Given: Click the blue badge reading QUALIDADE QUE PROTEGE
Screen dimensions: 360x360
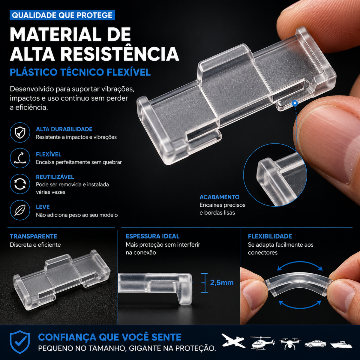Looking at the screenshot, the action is (62, 15).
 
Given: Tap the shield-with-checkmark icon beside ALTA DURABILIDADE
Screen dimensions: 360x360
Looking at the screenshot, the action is (20, 133).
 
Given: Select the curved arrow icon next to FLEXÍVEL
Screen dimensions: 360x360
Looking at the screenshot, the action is (20, 158).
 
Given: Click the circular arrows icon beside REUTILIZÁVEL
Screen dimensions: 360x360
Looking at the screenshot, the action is (20, 184).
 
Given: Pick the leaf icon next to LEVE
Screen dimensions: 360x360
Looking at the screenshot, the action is (20, 210).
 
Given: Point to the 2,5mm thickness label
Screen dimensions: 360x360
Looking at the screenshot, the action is (222, 283).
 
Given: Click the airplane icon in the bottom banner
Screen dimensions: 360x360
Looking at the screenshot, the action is (233, 340).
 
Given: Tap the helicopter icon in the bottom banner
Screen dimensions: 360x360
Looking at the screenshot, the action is (262, 343).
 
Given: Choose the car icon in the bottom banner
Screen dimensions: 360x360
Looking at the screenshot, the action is (315, 344).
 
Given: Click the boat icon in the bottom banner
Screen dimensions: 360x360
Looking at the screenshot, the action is (341, 344).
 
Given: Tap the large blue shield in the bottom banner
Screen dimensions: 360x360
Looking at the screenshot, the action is (20, 342).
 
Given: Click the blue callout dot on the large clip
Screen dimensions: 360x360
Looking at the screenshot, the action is (295, 103).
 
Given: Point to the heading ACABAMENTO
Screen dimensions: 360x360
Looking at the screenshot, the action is (219, 197).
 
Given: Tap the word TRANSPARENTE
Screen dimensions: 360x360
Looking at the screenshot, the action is (33, 236).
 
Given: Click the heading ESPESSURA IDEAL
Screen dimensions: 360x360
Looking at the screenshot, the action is (152, 236).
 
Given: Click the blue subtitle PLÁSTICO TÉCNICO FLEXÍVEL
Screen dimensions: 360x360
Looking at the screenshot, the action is (80, 72).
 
